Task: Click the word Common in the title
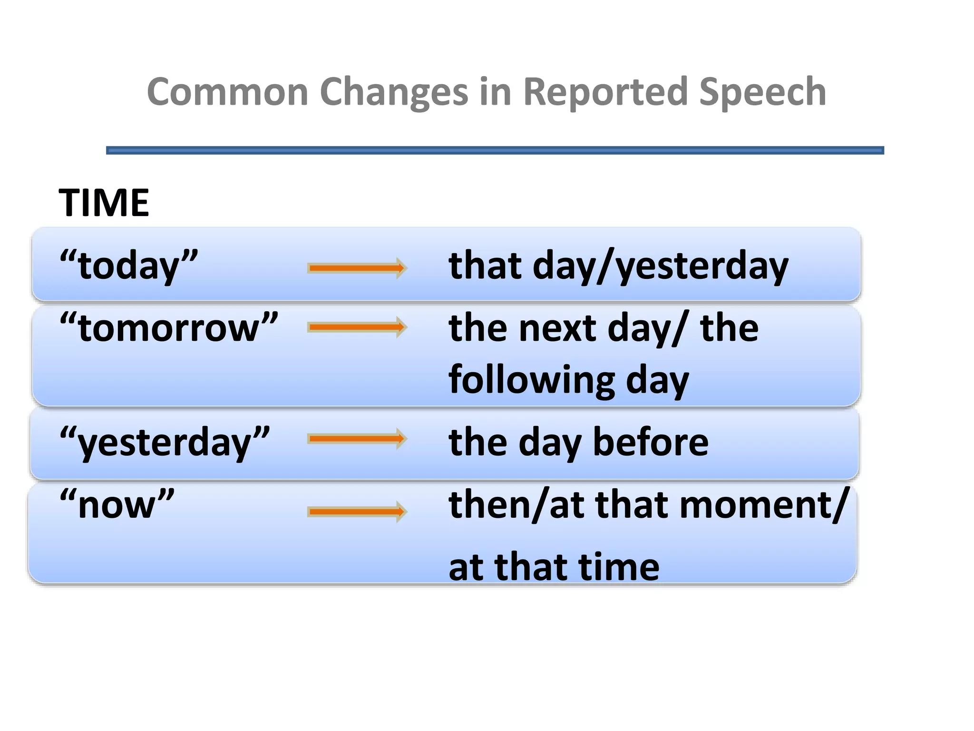(x=228, y=91)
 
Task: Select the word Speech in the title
(x=762, y=91)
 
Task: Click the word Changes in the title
(x=394, y=91)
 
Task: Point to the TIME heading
(x=104, y=203)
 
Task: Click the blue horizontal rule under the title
(x=495, y=150)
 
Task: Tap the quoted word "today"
(x=128, y=266)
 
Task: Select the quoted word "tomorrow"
(x=169, y=328)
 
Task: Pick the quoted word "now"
(x=117, y=504)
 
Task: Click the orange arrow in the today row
(x=357, y=268)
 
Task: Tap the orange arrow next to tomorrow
(x=357, y=327)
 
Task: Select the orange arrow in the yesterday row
(x=357, y=438)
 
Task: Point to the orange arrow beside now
(x=357, y=512)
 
